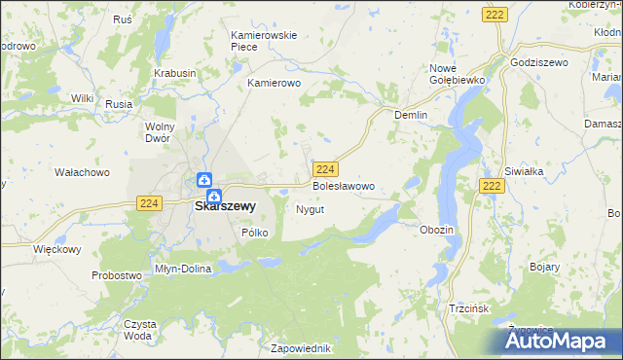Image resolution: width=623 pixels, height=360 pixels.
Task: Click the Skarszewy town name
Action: [x=226, y=206]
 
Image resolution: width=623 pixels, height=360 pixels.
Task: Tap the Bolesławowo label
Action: [x=343, y=185]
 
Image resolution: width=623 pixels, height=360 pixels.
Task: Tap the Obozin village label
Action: [x=436, y=230]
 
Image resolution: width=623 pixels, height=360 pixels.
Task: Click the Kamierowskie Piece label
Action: [x=263, y=41]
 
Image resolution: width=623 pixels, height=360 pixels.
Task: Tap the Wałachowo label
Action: [x=81, y=172]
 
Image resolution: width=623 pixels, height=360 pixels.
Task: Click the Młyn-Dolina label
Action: [x=183, y=268]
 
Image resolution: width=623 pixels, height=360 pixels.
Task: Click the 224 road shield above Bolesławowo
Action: [x=326, y=168]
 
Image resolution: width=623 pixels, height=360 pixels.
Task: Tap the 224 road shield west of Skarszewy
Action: [x=148, y=202]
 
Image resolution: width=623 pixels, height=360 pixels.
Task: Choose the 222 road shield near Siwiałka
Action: [x=493, y=186]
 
